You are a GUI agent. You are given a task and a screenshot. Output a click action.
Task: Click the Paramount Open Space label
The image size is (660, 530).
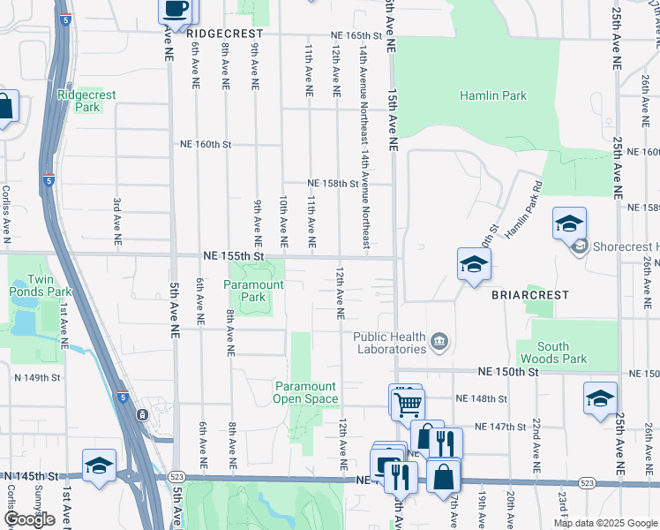point(306,392)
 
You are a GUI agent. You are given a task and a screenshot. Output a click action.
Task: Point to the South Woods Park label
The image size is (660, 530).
point(561,353)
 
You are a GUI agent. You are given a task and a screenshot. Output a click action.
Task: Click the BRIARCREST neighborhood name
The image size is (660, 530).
point(530,295)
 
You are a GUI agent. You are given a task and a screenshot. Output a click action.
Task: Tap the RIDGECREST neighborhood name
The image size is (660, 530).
point(226,33)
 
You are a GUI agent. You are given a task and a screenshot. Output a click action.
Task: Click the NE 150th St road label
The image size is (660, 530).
point(508,372)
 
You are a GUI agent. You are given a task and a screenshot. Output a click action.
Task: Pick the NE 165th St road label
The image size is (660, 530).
point(355,35)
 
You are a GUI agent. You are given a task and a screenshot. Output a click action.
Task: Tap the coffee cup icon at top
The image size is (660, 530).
point(175,9)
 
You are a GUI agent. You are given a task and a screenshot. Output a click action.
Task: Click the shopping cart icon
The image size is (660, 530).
point(407,404)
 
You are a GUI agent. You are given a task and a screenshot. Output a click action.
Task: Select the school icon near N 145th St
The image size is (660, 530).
point(99,466)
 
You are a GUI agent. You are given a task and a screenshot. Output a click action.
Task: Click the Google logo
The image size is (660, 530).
point(29,519)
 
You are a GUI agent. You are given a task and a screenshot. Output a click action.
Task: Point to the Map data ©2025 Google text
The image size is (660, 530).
point(604,523)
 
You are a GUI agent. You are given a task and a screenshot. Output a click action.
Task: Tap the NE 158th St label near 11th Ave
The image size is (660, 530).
point(332,184)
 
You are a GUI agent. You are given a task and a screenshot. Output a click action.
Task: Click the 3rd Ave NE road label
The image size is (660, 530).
point(117,219)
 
